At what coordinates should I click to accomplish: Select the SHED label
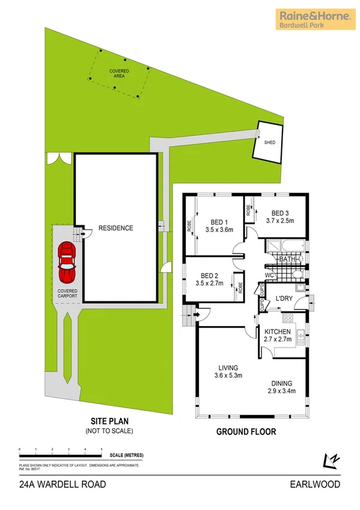tap(269, 143)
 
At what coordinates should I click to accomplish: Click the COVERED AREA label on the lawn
tap(118, 74)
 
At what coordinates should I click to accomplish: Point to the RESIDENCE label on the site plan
tap(116, 228)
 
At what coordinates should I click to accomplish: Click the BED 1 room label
tap(218, 221)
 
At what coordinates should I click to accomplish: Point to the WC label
tap(270, 276)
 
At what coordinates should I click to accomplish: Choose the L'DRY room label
tap(284, 299)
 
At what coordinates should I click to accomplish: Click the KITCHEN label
tap(277, 331)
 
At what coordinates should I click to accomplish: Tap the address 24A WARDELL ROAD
tap(53, 483)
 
